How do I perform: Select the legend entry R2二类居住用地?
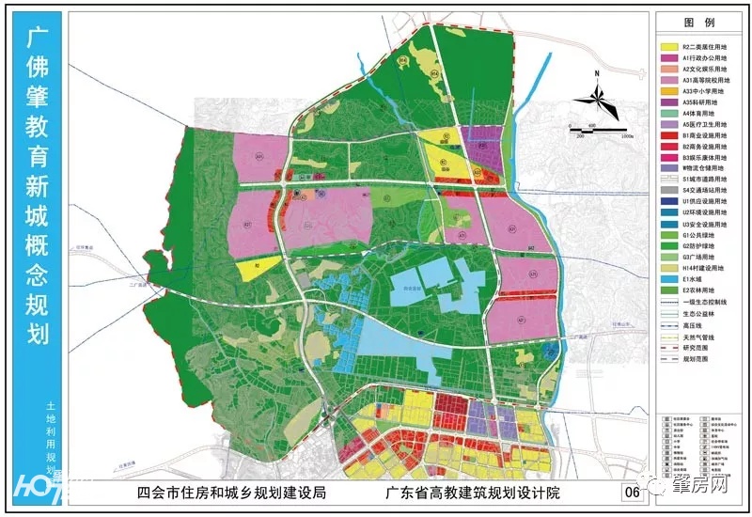pos(697,46)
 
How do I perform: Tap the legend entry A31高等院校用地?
pos(697,80)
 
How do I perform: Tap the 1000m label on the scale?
pos(626,135)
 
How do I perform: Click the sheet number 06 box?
pos(630,490)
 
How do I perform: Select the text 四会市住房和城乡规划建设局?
pos(230,492)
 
